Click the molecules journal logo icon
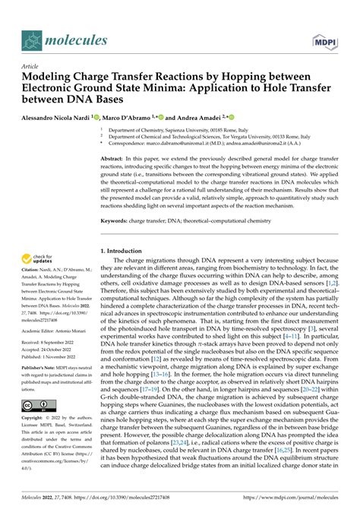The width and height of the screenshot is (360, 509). (x=33, y=39)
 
